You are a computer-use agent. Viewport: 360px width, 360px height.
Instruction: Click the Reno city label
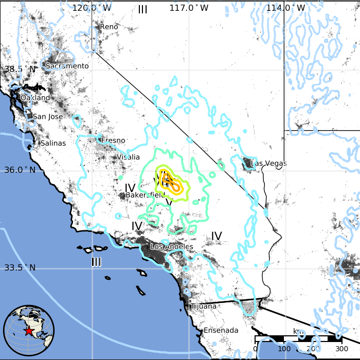(x=109, y=27)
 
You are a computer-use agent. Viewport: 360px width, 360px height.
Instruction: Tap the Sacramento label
(x=67, y=66)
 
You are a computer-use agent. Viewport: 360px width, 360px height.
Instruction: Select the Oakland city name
(x=35, y=98)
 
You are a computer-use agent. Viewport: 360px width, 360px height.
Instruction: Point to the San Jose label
(x=48, y=117)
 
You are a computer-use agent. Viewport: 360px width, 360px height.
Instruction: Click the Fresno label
(x=113, y=140)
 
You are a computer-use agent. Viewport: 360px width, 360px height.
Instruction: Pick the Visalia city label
(x=128, y=157)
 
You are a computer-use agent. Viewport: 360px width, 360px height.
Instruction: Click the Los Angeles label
(x=172, y=247)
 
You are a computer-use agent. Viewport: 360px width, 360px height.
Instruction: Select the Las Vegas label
(x=268, y=164)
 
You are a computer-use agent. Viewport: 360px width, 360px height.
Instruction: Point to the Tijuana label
(x=204, y=307)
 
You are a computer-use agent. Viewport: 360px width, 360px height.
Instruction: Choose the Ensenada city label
(x=221, y=330)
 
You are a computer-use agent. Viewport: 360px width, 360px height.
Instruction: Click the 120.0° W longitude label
(x=92, y=8)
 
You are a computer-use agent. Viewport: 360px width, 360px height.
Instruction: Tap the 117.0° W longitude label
(x=189, y=8)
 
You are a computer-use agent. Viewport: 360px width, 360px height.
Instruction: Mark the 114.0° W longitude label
(x=285, y=8)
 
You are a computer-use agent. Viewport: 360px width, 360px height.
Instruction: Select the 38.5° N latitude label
(x=20, y=69)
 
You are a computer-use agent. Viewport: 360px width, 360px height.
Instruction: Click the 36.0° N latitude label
(x=20, y=170)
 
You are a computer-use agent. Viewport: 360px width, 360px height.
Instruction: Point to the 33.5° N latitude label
(x=20, y=267)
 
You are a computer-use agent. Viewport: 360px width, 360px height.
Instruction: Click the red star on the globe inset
(x=29, y=332)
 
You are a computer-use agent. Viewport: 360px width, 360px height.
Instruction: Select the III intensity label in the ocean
(x=96, y=262)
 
